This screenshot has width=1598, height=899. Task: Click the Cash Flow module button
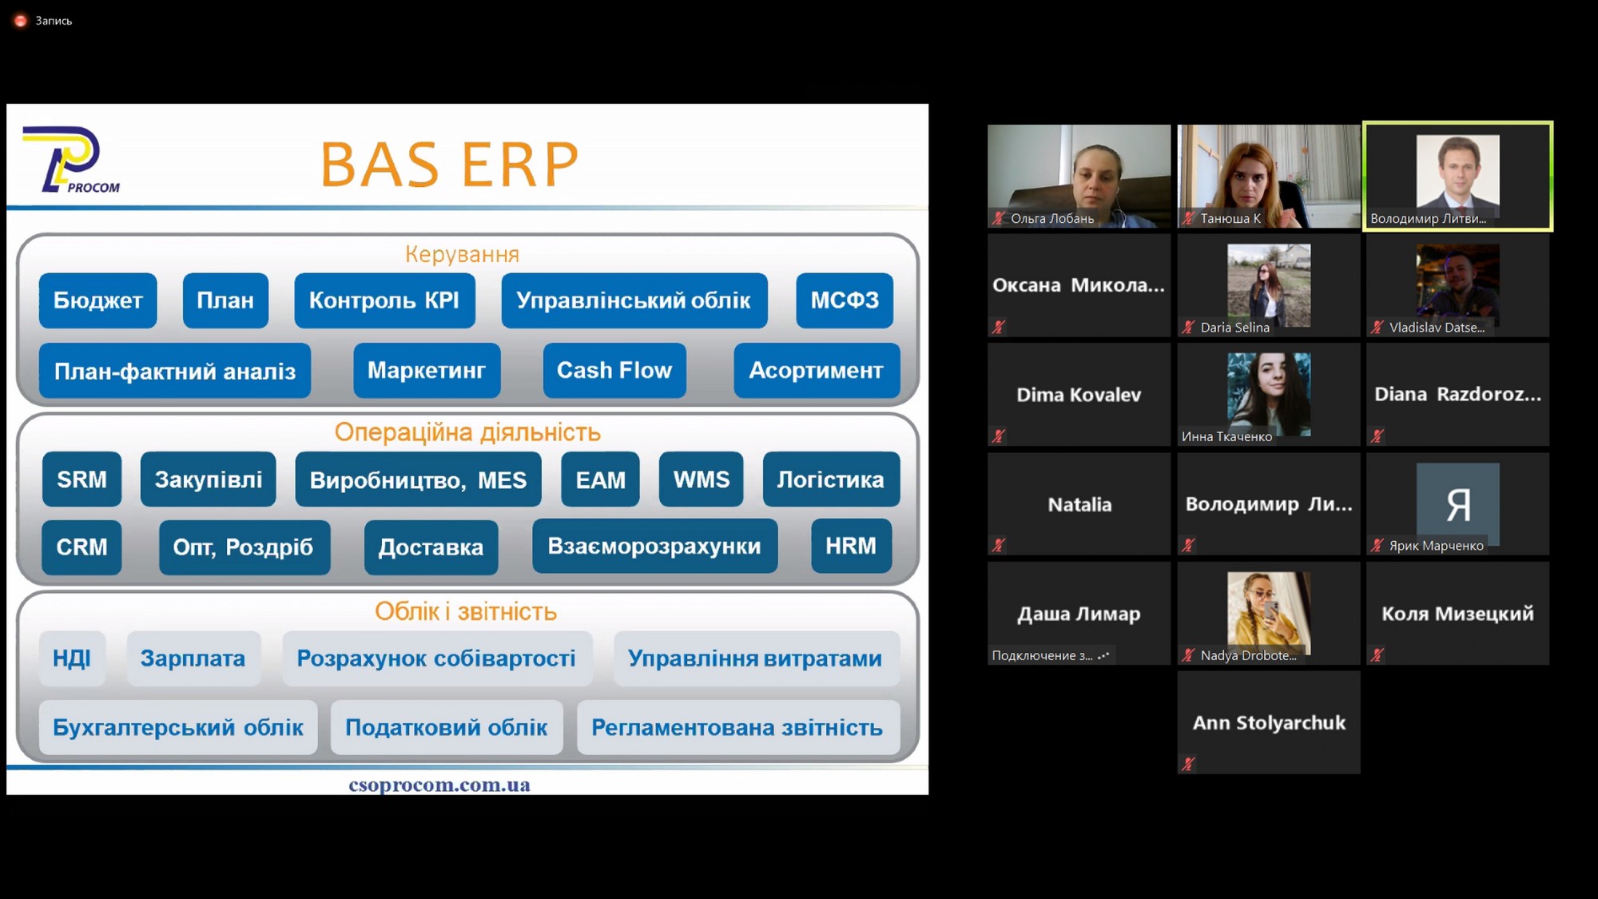(614, 371)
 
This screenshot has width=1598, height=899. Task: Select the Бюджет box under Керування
(97, 300)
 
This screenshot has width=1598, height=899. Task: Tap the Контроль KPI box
(384, 300)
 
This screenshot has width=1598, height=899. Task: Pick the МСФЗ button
(845, 300)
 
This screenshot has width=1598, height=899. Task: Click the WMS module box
(701, 479)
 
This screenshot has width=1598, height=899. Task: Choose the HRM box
(851, 547)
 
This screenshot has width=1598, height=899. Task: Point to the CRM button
(81, 547)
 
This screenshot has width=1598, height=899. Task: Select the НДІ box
(72, 658)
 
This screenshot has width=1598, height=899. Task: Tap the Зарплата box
(193, 658)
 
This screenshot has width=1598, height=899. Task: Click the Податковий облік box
(447, 728)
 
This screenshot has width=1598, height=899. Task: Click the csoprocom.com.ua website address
(439, 785)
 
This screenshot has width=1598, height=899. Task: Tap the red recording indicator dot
(21, 21)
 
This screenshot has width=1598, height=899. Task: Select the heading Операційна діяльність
(467, 432)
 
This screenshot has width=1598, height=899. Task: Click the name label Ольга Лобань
(1052, 218)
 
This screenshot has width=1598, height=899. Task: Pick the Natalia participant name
(1079, 504)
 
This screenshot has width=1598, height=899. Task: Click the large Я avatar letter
(1458, 505)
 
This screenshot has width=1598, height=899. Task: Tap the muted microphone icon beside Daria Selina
(1189, 327)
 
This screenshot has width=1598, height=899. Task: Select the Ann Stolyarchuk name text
(1269, 723)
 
